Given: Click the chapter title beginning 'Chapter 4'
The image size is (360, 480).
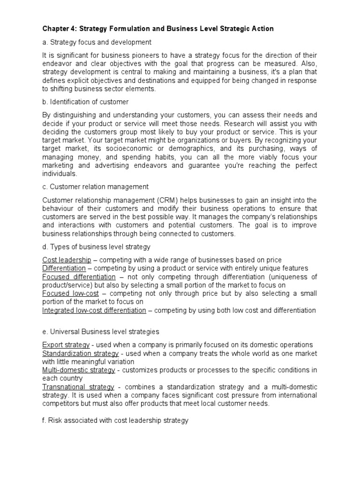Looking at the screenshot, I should pyautogui.click(x=158, y=29).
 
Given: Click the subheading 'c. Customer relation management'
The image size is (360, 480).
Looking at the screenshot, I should pyautogui.click(x=96, y=187).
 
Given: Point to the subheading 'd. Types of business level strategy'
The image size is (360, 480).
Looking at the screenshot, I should pyautogui.click(x=96, y=247).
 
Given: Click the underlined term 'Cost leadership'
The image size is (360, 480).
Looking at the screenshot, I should pyautogui.click(x=67, y=260).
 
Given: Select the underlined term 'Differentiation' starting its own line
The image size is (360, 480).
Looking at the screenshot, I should pyautogui.click(x=64, y=268).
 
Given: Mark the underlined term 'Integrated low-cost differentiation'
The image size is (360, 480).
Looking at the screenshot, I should pyautogui.click(x=94, y=310).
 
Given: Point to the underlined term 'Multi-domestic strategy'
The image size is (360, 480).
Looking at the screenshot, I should pyautogui.click(x=78, y=370).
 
